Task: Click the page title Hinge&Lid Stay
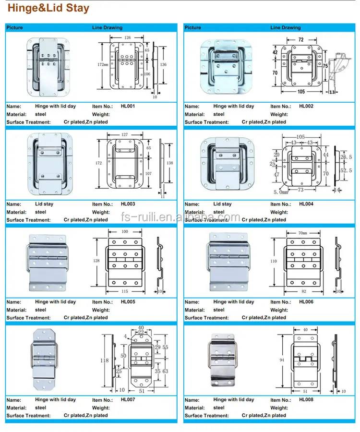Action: click(x=48, y=9)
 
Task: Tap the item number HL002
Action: click(x=306, y=106)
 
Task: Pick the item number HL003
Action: click(x=128, y=204)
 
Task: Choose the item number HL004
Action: click(x=306, y=204)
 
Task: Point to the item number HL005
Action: click(x=128, y=302)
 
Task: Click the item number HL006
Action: click(x=306, y=302)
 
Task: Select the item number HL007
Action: click(x=128, y=399)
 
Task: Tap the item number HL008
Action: click(x=306, y=399)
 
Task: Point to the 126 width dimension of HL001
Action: click(x=127, y=37)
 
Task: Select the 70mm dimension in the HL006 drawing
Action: click(x=303, y=232)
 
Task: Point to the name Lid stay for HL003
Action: click(x=44, y=204)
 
